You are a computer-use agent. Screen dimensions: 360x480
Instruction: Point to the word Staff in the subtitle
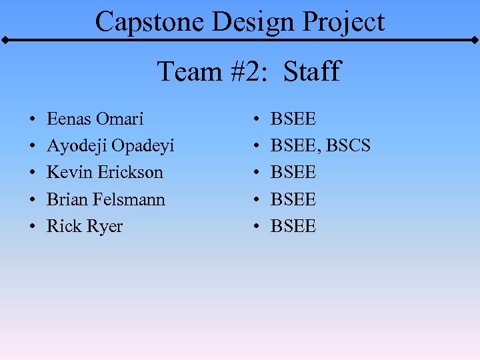click(x=312, y=71)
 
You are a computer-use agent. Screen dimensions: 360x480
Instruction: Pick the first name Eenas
click(x=69, y=119)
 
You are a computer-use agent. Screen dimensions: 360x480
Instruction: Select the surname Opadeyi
click(x=143, y=147)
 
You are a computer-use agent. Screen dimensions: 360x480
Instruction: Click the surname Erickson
click(x=131, y=173)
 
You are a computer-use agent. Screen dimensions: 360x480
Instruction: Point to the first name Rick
click(x=63, y=226)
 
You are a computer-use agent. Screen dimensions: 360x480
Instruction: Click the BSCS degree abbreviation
click(x=348, y=146)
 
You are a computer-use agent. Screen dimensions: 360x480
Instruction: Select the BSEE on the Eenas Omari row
click(x=293, y=119)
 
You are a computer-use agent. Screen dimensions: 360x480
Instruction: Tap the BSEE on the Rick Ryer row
click(x=293, y=226)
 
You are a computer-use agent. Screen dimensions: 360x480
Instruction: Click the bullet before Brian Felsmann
click(x=33, y=200)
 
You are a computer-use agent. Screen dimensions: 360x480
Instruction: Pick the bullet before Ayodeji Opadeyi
click(x=33, y=147)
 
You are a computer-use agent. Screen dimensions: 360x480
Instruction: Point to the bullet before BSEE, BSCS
click(x=257, y=147)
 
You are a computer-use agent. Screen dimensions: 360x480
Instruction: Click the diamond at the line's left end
click(x=5, y=41)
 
